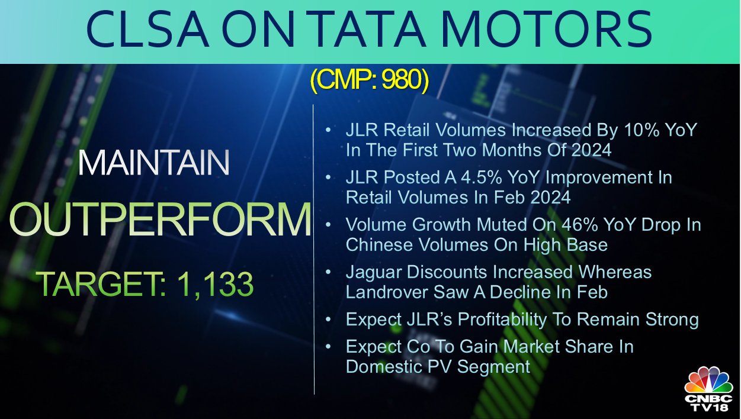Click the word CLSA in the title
pyautogui.click(x=147, y=29)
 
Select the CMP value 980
pyautogui.click(x=401, y=80)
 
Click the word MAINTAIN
pyautogui.click(x=153, y=163)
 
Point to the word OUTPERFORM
pyautogui.click(x=160, y=219)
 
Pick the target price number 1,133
pyautogui.click(x=216, y=285)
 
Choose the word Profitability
pyautogui.click(x=502, y=320)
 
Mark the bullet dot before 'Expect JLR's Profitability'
pyautogui.click(x=328, y=320)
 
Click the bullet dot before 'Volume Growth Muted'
pyautogui.click(x=328, y=225)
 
